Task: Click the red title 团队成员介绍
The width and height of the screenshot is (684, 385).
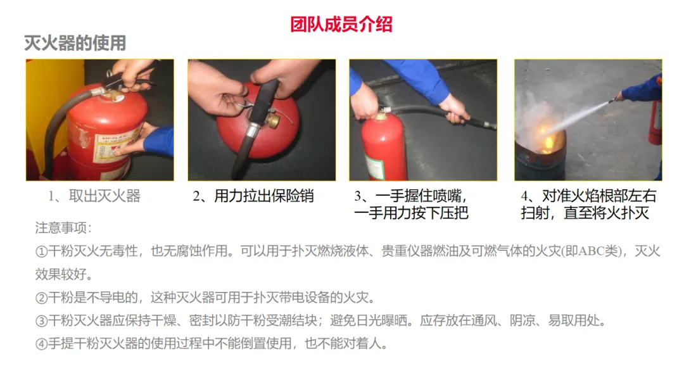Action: pyautogui.click(x=341, y=25)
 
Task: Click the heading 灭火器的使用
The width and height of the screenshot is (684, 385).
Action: pyautogui.click(x=75, y=43)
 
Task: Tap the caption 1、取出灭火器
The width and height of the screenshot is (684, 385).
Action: pyautogui.click(x=94, y=196)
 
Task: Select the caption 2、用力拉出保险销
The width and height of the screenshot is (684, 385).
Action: pyautogui.click(x=253, y=196)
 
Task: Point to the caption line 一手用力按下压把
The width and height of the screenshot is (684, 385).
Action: pyautogui.click(x=412, y=213)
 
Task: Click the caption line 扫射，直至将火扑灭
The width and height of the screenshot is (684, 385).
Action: pyautogui.click(x=585, y=213)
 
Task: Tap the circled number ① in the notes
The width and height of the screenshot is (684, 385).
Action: pyautogui.click(x=41, y=251)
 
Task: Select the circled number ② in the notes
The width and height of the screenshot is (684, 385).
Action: pyautogui.click(x=41, y=298)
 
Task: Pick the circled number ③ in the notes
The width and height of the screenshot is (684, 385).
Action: pyautogui.click(x=41, y=321)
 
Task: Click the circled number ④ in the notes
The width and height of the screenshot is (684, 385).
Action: pyautogui.click(x=41, y=344)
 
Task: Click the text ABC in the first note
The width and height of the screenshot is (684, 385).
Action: pyautogui.click(x=591, y=251)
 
